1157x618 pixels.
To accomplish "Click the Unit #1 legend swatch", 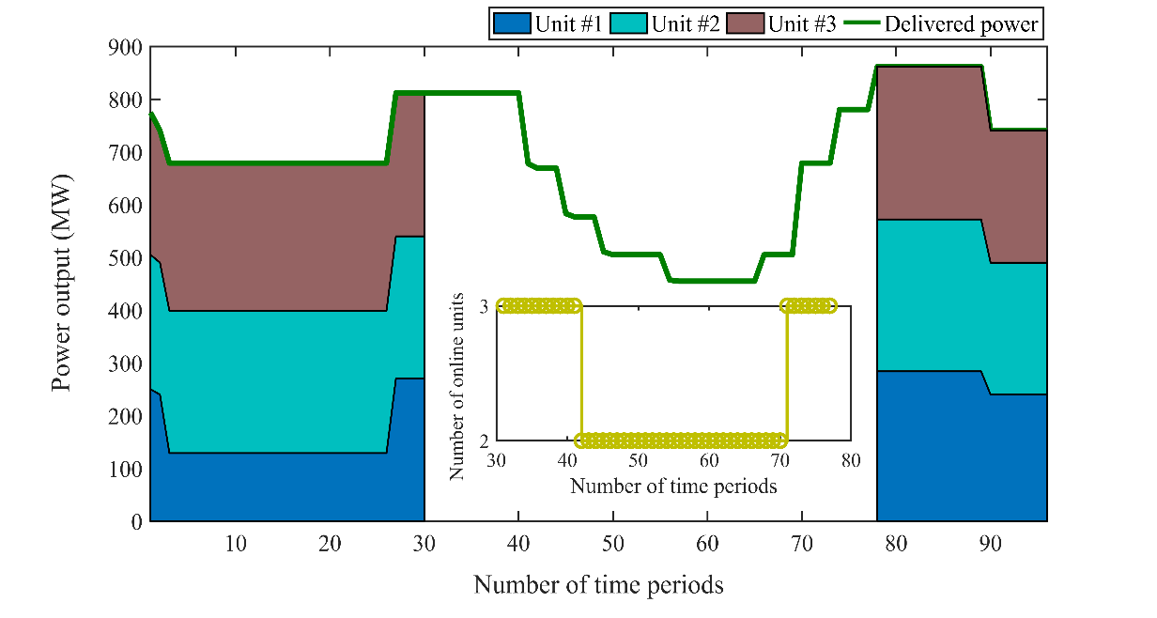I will (512, 24).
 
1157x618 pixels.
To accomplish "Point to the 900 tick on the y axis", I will (126, 47).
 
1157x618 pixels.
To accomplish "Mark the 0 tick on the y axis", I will (135, 521).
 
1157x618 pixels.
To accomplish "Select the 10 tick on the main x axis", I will (236, 544).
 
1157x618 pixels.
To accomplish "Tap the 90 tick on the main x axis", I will (991, 544).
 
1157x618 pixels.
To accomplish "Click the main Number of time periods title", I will (598, 585).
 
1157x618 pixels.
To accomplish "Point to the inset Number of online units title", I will (457, 386).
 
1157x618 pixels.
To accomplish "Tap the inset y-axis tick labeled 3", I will (486, 306).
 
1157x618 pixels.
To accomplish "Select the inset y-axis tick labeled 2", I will (486, 440).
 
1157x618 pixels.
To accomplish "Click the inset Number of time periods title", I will (673, 487).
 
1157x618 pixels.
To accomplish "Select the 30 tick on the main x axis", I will (424, 544).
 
